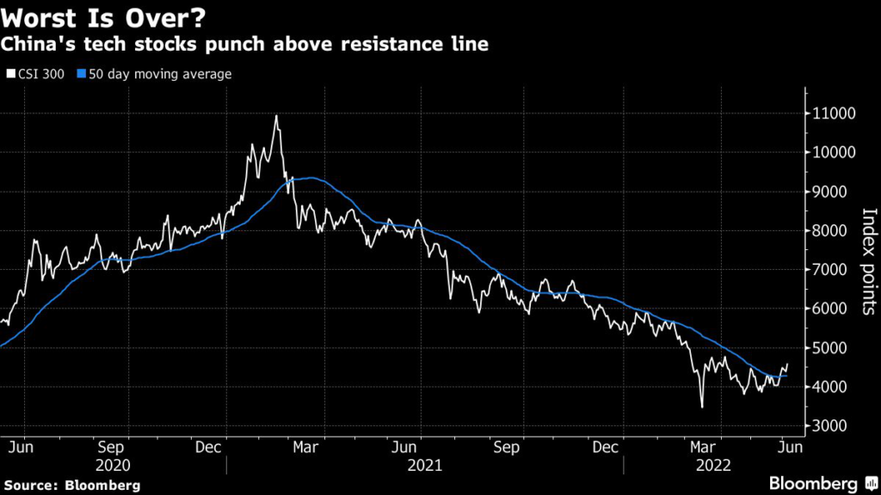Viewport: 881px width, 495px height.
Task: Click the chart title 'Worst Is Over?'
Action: (103, 17)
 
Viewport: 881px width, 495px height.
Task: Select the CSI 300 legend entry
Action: (35, 74)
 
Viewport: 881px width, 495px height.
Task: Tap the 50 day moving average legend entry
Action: (154, 74)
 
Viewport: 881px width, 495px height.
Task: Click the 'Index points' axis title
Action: (869, 261)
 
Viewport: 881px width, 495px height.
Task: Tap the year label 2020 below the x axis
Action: (113, 465)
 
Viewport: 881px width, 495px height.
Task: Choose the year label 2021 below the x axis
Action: (425, 465)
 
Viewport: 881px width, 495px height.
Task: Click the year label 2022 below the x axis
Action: (713, 465)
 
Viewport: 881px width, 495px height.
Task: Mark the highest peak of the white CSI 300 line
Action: (276, 116)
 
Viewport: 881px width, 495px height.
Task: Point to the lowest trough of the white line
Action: (702, 406)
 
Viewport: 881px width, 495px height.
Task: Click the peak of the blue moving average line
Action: (310, 178)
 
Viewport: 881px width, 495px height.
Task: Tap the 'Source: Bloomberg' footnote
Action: (72, 486)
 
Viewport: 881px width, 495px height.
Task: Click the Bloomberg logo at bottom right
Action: (823, 484)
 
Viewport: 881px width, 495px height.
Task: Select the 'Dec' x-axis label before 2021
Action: (208, 447)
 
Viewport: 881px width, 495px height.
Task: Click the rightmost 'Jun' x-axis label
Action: (791, 447)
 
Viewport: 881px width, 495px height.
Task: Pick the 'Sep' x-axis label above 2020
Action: (111, 447)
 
